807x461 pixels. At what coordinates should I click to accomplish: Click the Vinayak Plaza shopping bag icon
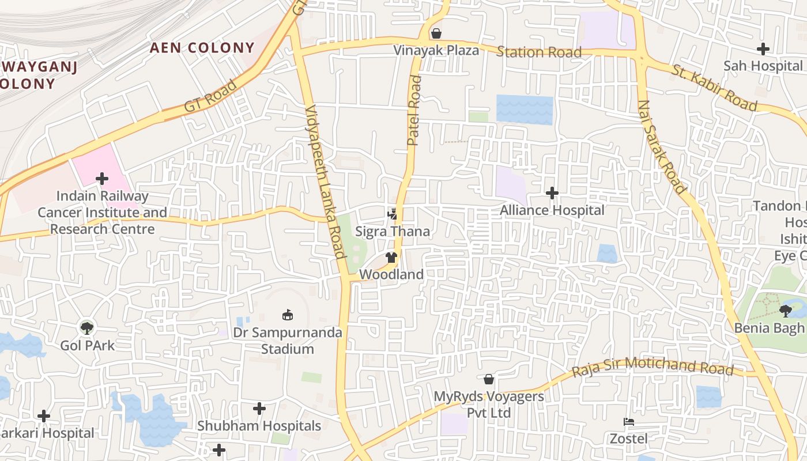coord(436,33)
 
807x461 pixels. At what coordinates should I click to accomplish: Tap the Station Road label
coord(539,52)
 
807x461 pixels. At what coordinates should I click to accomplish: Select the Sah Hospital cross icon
coord(763,49)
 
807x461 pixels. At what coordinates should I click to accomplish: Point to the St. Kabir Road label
coord(714,88)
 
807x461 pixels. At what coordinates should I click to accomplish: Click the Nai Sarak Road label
coord(662,148)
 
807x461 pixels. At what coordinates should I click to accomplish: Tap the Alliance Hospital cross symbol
coord(552,193)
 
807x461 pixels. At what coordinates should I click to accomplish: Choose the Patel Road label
coord(414,110)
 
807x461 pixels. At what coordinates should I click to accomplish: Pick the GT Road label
coord(210,96)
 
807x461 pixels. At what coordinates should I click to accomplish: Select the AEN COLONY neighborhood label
coord(202,48)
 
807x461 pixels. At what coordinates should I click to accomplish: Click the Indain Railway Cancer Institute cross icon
coord(102,179)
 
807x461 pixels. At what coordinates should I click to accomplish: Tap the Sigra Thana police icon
coord(393,214)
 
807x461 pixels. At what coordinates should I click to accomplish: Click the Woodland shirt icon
coord(392,257)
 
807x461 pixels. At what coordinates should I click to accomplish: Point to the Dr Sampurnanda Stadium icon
coord(287,315)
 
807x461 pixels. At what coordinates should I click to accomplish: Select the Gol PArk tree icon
coord(87,328)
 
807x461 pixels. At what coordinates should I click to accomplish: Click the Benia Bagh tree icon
coord(785,311)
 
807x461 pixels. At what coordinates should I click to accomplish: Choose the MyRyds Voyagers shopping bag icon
coord(489,379)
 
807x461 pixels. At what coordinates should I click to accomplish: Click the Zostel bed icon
coord(629,422)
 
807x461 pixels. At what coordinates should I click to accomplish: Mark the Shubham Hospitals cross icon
coord(259,409)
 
